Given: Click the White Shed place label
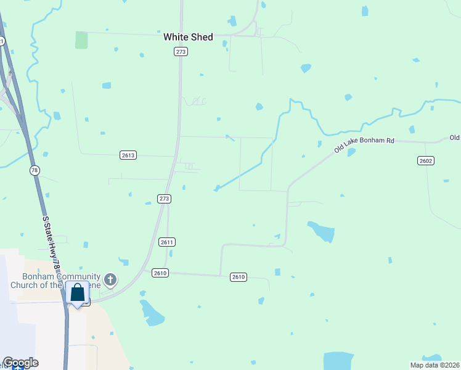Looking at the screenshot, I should (x=188, y=37).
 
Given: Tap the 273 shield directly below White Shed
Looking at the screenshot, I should (x=181, y=52).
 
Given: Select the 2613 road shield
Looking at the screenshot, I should (x=128, y=156).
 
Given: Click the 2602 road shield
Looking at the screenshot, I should (x=426, y=160).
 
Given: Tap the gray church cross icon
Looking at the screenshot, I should (x=110, y=281).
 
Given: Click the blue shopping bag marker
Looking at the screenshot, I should (x=78, y=293).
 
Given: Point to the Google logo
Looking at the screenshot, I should (x=20, y=363).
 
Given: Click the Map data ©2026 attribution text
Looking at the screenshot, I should (x=435, y=365).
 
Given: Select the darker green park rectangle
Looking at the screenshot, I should (x=81, y=40).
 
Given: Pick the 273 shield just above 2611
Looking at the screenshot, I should (x=164, y=199).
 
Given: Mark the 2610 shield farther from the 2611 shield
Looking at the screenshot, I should (x=239, y=277).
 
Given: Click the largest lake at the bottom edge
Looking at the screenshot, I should (x=339, y=361).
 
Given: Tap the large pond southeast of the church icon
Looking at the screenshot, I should (x=152, y=313).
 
